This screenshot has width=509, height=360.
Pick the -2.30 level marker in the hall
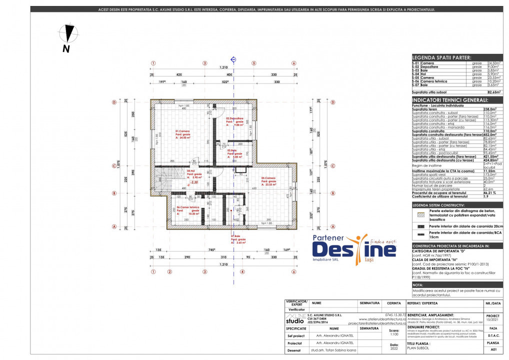point(194,182)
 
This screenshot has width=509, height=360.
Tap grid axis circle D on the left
point(114,102)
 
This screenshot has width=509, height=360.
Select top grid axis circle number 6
point(293,63)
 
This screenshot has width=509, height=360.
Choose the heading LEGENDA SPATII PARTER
point(441,58)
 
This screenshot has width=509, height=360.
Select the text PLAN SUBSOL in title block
point(418,349)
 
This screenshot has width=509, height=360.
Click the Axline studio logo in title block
point(298,318)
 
